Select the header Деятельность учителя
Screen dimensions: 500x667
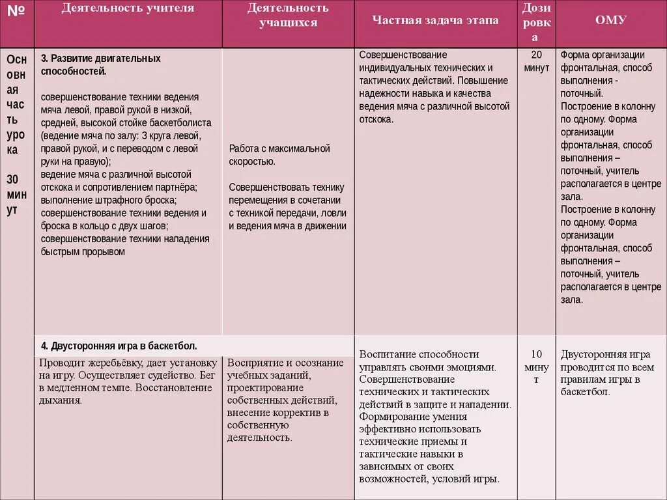click(x=128, y=8)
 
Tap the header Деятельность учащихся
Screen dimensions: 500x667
click(x=288, y=16)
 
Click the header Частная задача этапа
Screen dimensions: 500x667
click(x=435, y=20)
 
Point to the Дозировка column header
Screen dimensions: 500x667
click(x=536, y=23)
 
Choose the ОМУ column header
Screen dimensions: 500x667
click(x=611, y=20)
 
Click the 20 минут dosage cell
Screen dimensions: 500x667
click(x=536, y=61)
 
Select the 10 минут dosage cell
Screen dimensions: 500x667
click(x=536, y=367)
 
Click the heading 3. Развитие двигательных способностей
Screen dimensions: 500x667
click(x=100, y=64)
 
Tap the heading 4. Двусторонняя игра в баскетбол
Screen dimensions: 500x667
click(x=119, y=346)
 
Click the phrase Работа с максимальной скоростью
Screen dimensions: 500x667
click(x=279, y=155)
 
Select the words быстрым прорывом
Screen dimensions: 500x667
click(x=83, y=251)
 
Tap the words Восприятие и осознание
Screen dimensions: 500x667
click(x=285, y=363)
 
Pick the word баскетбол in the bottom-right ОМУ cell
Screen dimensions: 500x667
click(x=584, y=392)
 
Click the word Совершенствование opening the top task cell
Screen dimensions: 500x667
click(x=403, y=55)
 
